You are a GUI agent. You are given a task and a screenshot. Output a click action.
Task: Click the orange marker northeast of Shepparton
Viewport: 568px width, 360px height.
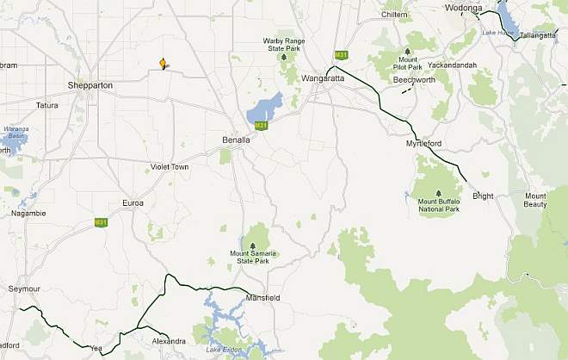[x=162, y=64]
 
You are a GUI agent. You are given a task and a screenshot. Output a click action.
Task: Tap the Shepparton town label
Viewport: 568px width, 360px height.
[x=92, y=84]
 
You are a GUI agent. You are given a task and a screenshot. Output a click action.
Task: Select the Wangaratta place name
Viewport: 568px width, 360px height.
[x=324, y=78]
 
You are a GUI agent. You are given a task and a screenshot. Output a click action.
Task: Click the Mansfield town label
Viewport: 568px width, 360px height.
[x=262, y=297]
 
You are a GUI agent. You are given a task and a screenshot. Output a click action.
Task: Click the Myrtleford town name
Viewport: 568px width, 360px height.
[x=423, y=144]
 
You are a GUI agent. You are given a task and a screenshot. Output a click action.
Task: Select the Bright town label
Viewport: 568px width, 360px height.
[x=483, y=196]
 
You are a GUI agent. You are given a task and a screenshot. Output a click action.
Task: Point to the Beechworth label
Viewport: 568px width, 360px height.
[x=414, y=79]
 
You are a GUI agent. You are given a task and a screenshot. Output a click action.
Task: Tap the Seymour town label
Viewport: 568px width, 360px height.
[x=23, y=288]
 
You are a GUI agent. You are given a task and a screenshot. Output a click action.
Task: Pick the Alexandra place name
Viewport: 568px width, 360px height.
[x=169, y=341]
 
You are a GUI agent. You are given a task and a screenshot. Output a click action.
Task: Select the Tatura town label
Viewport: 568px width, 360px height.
[x=46, y=105]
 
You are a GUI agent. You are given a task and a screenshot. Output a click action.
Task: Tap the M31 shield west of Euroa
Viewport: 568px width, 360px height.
[x=101, y=222]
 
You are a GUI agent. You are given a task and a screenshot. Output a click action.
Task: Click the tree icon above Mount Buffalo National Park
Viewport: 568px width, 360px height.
[x=438, y=193]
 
